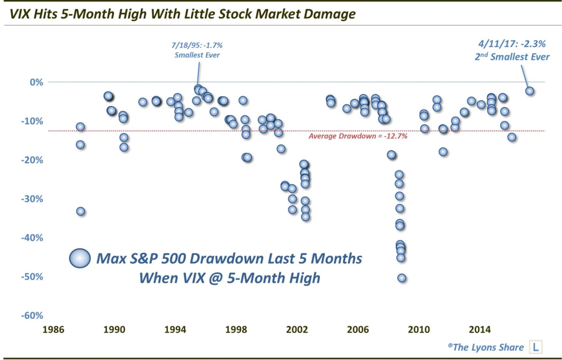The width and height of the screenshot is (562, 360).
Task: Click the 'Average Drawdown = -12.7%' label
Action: pyautogui.click(x=358, y=136)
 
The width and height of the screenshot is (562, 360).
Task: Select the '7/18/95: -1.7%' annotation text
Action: pyautogui.click(x=197, y=45)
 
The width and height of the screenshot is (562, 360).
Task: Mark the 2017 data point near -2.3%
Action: pyautogui.click(x=530, y=91)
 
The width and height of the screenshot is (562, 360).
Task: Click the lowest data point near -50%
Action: pyautogui.click(x=402, y=278)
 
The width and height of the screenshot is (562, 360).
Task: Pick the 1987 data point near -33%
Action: pyautogui.click(x=81, y=211)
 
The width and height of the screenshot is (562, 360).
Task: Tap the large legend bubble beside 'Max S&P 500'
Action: pyautogui.click(x=80, y=259)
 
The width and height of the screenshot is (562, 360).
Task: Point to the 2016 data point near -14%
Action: pyautogui.click(x=512, y=137)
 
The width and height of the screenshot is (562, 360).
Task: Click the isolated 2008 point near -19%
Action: pyautogui.click(x=391, y=155)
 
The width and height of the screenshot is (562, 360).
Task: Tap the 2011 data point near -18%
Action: pyautogui.click(x=443, y=152)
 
